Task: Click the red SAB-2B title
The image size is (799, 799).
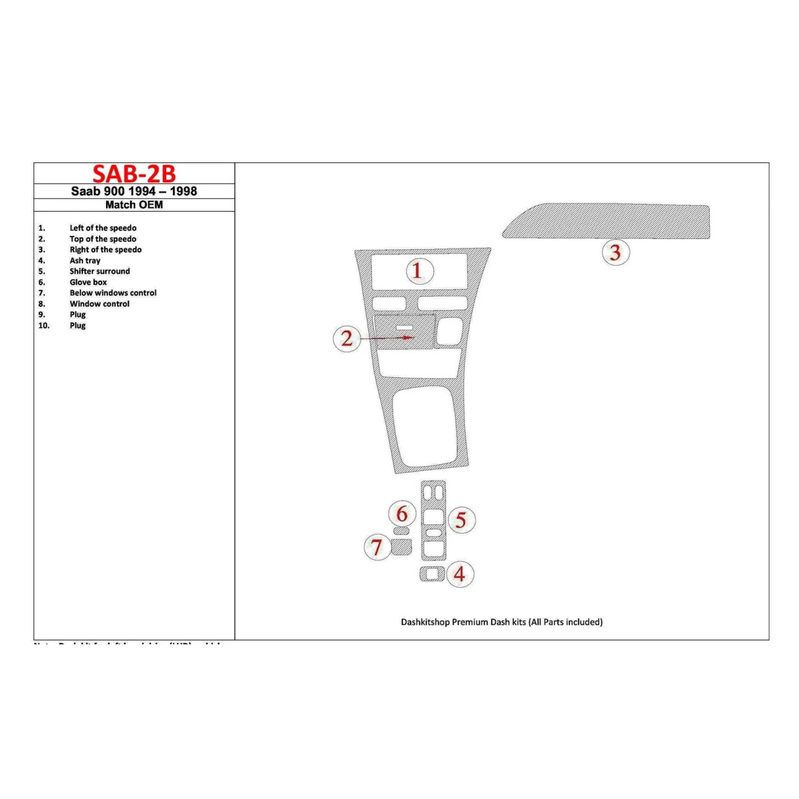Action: pyautogui.click(x=134, y=174)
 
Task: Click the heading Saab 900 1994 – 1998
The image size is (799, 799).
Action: pyautogui.click(x=134, y=191)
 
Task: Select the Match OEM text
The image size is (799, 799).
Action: pyautogui.click(x=134, y=205)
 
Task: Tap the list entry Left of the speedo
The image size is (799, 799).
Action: pyautogui.click(x=102, y=228)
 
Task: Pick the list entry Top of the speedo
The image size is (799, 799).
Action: pyautogui.click(x=102, y=239)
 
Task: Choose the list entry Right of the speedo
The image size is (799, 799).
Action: pyautogui.click(x=105, y=250)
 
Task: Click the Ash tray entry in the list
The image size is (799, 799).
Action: pyautogui.click(x=85, y=261)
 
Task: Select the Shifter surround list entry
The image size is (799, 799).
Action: pyautogui.click(x=99, y=271)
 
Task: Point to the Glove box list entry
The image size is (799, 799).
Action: pyautogui.click(x=88, y=282)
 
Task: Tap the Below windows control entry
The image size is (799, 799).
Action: pyautogui.click(x=112, y=293)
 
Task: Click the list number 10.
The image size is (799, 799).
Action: pyautogui.click(x=43, y=325)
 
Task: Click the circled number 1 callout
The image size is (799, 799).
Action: pyautogui.click(x=419, y=271)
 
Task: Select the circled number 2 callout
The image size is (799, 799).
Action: pyautogui.click(x=346, y=338)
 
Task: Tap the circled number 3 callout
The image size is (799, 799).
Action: pyautogui.click(x=616, y=252)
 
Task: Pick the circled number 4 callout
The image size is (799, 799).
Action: pyautogui.click(x=460, y=574)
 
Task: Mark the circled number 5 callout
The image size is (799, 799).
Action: pyautogui.click(x=461, y=520)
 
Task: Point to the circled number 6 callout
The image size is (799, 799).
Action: pyautogui.click(x=402, y=513)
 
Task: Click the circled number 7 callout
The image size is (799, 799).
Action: pyautogui.click(x=377, y=547)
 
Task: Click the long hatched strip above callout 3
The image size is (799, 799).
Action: pyautogui.click(x=607, y=221)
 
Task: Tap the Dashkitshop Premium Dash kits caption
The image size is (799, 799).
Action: pyautogui.click(x=501, y=622)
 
